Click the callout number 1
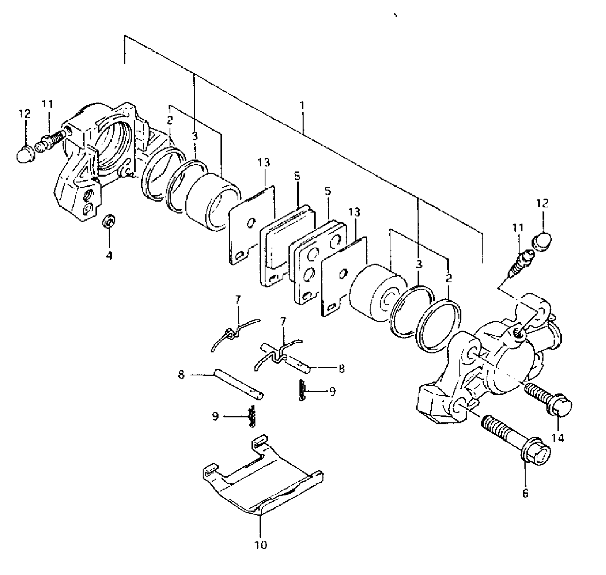coord(302,106)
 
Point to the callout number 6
coord(525,494)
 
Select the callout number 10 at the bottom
coord(261,545)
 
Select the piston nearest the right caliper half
coord(376,291)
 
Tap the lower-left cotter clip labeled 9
coord(251,416)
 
